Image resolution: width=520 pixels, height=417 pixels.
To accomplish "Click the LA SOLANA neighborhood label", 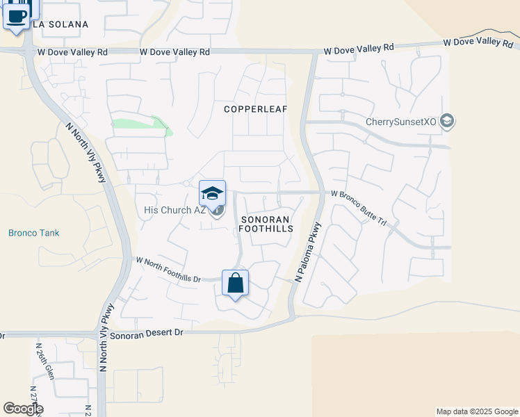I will point(60,24).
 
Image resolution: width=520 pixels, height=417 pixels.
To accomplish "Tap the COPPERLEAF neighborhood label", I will point(255,109).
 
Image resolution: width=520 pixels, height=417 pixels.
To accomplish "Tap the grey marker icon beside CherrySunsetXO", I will point(447,122).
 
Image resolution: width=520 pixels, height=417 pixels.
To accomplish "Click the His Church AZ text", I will point(174,211).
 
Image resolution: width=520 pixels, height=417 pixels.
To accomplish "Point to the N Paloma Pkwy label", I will point(308,252).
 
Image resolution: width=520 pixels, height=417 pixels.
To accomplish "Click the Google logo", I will point(23,409).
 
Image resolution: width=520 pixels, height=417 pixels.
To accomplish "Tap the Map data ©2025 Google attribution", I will point(477,411).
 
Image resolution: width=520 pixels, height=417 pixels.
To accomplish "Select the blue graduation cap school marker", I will point(212,193).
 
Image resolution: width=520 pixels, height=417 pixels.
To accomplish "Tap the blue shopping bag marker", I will point(235,283).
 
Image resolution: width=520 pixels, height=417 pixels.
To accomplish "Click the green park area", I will point(143,125).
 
